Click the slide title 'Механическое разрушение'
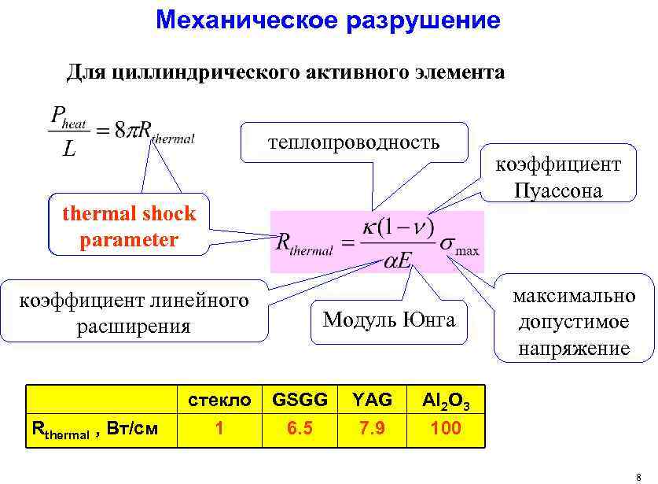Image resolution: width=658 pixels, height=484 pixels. tap(328, 20)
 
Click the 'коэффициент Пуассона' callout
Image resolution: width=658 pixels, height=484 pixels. tap(557, 177)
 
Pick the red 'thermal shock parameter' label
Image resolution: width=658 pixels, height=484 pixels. tap(129, 226)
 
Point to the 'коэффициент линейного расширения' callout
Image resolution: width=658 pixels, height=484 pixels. tap(134, 312)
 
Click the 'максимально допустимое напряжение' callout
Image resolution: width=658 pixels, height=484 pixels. tap(574, 322)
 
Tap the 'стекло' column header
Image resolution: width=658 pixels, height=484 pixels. tap(219, 400)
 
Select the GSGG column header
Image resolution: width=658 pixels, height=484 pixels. tap(300, 400)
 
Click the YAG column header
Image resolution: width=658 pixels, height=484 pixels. tap(372, 400)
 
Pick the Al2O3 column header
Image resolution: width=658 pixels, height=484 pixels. tap(446, 401)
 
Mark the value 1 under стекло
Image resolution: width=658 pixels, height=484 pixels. tap(219, 429)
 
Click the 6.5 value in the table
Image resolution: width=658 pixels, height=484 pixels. tap(300, 429)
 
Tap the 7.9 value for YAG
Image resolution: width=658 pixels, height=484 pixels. tap(372, 429)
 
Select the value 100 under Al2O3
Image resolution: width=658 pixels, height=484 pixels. tap(446, 429)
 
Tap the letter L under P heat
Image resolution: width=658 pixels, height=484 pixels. tap(69, 149)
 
